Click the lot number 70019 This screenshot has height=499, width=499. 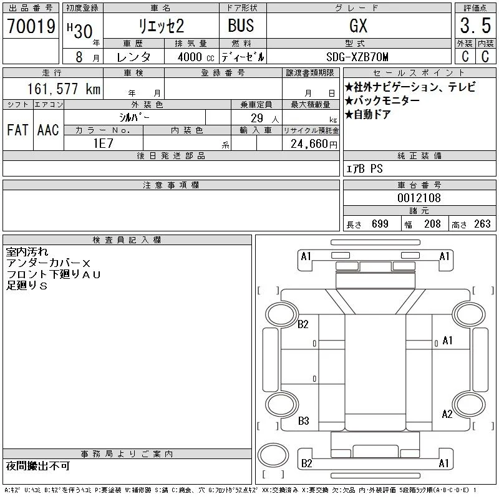click(31, 26)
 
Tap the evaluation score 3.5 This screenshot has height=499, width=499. click(475, 26)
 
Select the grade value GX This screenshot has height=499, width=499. click(358, 26)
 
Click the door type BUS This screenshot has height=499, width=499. click(241, 26)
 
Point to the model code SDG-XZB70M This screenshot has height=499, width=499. click(357, 57)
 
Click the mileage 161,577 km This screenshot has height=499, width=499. click(64, 89)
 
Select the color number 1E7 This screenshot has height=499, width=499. click(103, 143)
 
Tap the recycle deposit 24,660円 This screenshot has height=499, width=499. click(314, 144)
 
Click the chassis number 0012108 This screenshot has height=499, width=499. click(419, 198)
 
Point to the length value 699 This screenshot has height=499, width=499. click(380, 224)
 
